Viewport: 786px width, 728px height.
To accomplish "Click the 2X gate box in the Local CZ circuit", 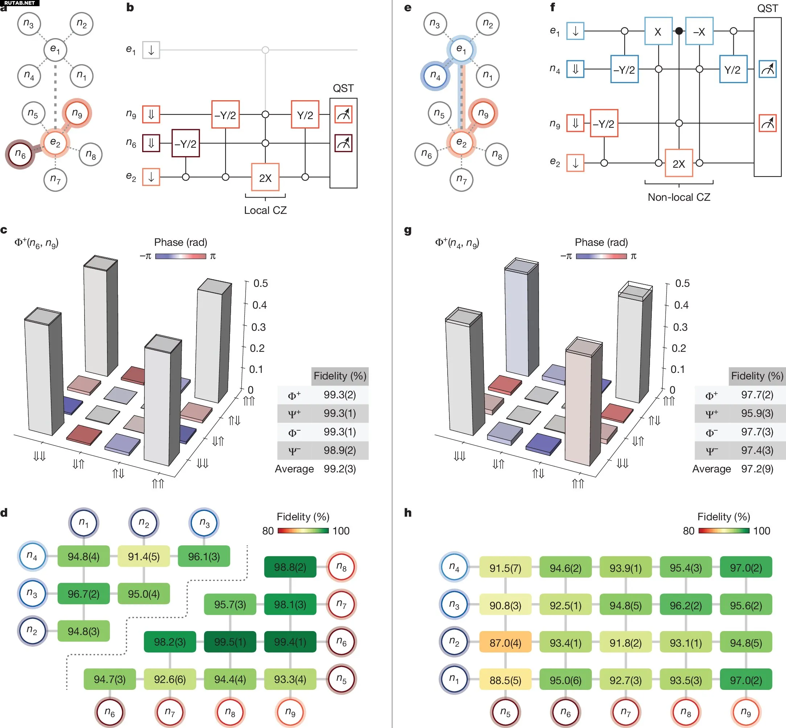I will click(x=265, y=177).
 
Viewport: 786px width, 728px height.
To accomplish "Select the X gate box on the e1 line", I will click(x=658, y=31).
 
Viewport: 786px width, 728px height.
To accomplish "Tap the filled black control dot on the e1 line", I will click(x=679, y=31).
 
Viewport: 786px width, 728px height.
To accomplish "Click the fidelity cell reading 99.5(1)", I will click(x=230, y=642).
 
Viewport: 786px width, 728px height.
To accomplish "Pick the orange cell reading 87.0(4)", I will click(x=505, y=643).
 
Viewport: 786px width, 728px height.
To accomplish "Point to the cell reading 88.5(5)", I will click(x=505, y=680).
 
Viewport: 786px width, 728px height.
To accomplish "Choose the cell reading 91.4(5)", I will click(x=144, y=556).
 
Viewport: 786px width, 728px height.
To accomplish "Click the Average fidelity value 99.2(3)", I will click(x=339, y=469).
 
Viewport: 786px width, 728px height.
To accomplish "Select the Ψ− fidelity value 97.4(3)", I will click(x=757, y=450).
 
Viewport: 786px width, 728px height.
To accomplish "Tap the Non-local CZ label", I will click(x=679, y=197).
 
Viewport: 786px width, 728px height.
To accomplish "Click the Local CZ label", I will click(x=265, y=210).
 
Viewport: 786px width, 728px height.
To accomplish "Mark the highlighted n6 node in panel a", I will click(x=20, y=154).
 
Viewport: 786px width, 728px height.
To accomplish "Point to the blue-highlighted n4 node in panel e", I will click(x=435, y=76).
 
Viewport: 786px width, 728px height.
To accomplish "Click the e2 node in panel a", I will click(x=55, y=143).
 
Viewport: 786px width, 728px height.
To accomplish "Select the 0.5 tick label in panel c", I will click(x=260, y=283).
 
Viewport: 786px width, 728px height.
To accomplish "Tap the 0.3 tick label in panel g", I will click(x=680, y=327).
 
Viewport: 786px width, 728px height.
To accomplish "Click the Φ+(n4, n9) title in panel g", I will click(x=457, y=243).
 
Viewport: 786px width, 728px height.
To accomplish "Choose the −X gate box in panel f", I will click(x=699, y=31).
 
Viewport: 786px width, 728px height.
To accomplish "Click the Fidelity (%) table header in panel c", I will click(x=339, y=376).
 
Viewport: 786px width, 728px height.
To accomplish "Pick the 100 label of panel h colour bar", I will click(x=762, y=530).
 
